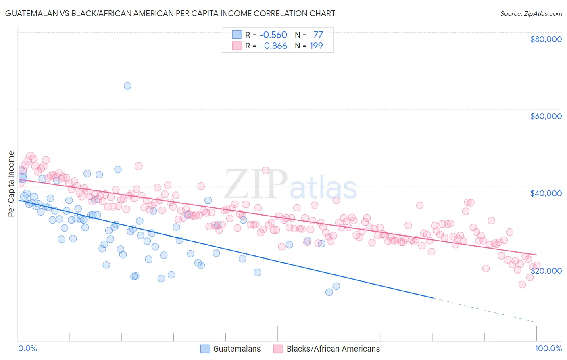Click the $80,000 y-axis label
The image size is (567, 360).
[x=546, y=39]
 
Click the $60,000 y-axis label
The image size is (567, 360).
[x=546, y=116]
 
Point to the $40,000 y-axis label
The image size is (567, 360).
[x=546, y=193]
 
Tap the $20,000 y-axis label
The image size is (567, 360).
[x=546, y=270]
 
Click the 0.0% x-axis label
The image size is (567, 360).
[x=27, y=348]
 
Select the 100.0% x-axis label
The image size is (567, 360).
[x=548, y=348]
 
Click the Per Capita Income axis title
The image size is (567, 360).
[x=11, y=184]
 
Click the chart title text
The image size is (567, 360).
[x=170, y=13]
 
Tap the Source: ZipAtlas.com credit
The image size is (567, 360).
[x=531, y=14]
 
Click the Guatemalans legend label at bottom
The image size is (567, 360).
[x=237, y=349]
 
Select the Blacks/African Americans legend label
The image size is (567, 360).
[x=333, y=349]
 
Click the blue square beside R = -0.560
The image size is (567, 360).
[x=237, y=35]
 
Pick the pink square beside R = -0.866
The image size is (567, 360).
[x=237, y=46]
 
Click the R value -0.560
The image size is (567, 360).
[x=273, y=35]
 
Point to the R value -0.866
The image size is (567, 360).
[x=273, y=46]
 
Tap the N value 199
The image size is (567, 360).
[x=316, y=46]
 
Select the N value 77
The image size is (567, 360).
[x=318, y=35]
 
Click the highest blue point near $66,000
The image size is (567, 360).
[x=127, y=86]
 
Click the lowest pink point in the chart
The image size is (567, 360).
[x=522, y=285]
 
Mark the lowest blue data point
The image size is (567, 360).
[x=329, y=292]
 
